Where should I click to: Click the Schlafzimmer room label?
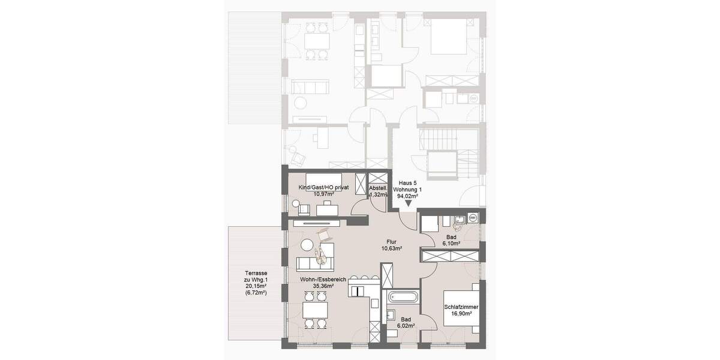(x=461, y=307)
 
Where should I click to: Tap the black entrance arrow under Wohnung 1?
(x=406, y=205)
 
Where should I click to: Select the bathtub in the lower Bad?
(x=403, y=296)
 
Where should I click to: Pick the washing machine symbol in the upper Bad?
(x=472, y=217)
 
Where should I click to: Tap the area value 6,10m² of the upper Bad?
(x=451, y=244)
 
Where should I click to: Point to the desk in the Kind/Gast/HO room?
(x=328, y=208)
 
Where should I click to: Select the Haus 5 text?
(x=407, y=182)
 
